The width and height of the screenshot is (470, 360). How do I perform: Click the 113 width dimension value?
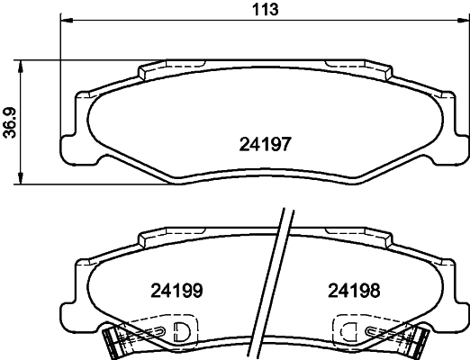click(266, 9)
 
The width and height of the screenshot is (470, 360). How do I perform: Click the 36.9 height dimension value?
click(10, 122)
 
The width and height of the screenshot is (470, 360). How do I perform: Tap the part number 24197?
click(266, 144)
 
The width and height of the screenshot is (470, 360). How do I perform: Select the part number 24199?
click(176, 291)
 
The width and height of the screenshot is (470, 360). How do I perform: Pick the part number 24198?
click(354, 291)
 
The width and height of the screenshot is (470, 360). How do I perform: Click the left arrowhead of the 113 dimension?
click(67, 21)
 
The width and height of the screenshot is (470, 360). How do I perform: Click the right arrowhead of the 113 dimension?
click(462, 21)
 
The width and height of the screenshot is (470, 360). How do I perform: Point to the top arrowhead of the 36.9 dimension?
click(20, 66)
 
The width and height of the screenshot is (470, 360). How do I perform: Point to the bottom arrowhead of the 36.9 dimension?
click(20, 178)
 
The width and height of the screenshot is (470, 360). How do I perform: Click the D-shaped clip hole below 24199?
click(182, 331)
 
